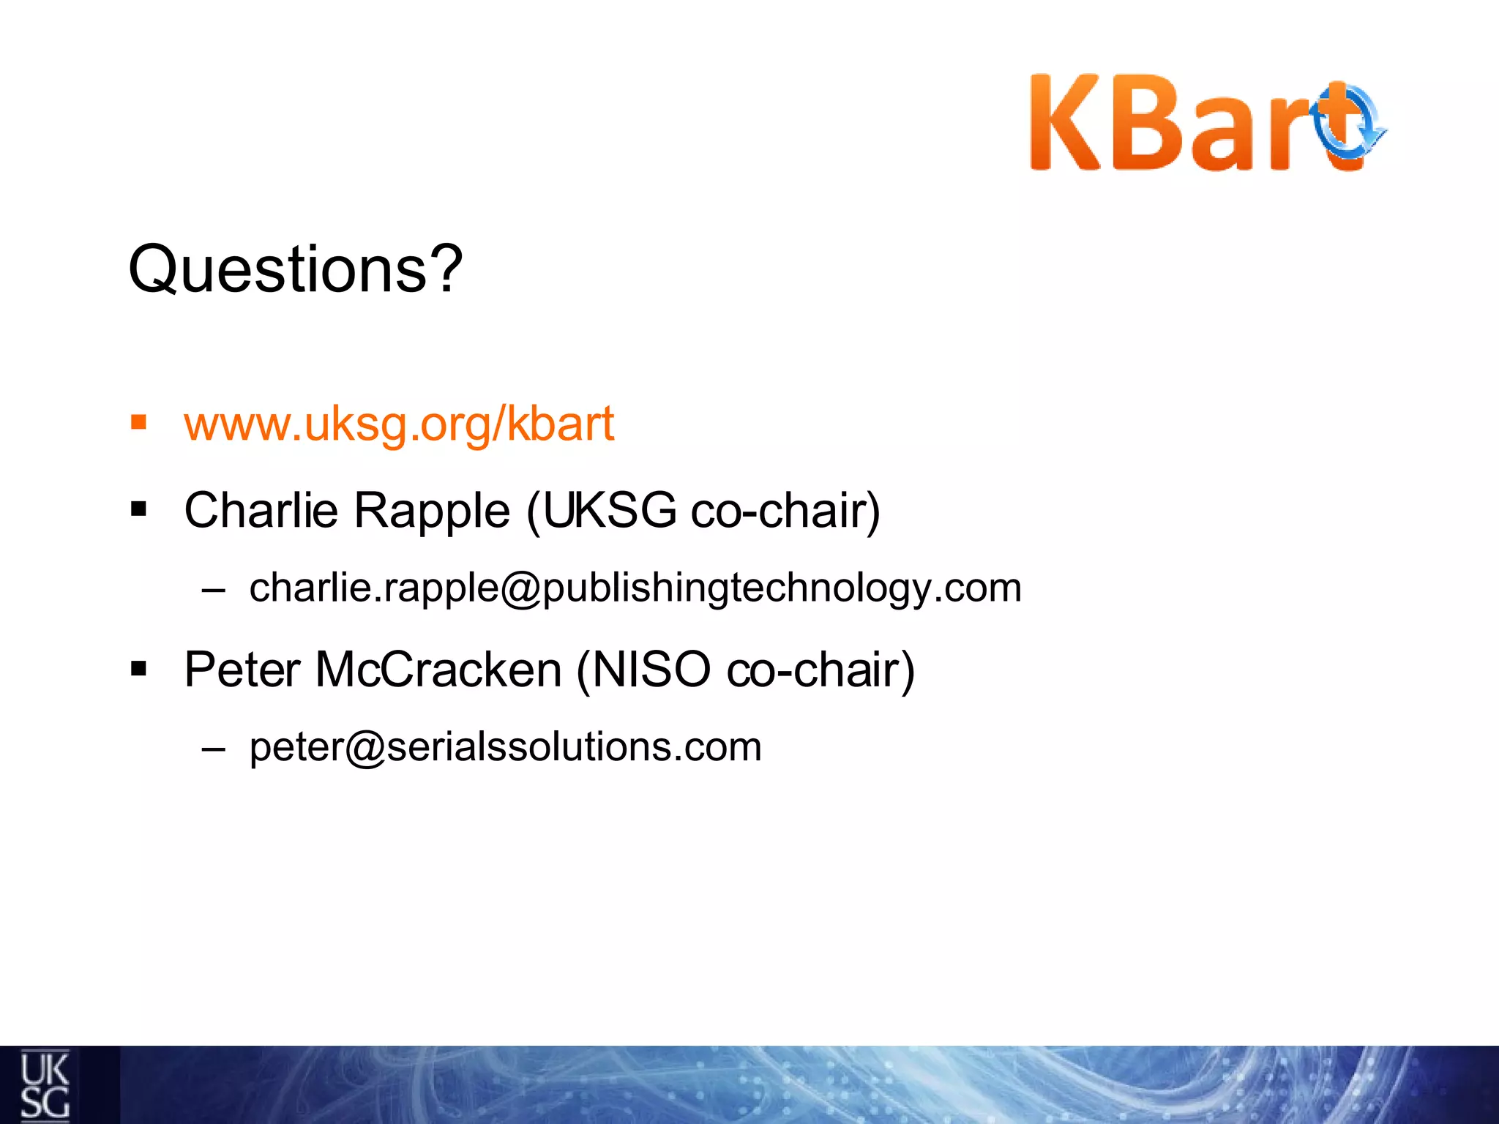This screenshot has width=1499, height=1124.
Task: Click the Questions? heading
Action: pyautogui.click(x=295, y=269)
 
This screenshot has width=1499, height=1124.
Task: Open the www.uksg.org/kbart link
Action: pyautogui.click(x=399, y=424)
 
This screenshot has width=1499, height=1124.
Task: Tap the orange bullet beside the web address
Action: pyautogui.click(x=138, y=422)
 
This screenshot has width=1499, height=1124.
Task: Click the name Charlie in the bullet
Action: pyautogui.click(x=261, y=510)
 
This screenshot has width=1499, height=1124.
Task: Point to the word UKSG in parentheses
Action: pyautogui.click(x=609, y=510)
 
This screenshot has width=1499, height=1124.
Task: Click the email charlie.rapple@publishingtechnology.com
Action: pyautogui.click(x=635, y=588)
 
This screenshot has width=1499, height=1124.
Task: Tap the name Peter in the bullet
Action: pyautogui.click(x=242, y=669)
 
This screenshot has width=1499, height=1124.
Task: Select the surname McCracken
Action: pyautogui.click(x=438, y=669)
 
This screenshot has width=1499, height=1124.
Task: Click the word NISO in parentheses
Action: pyautogui.click(x=650, y=669)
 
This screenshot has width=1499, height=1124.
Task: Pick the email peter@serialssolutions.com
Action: pyautogui.click(x=505, y=747)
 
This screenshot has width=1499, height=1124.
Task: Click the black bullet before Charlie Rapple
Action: pyautogui.click(x=138, y=509)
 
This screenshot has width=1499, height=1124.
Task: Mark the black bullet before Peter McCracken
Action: pyautogui.click(x=138, y=667)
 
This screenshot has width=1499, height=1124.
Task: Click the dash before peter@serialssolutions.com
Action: pyautogui.click(x=213, y=749)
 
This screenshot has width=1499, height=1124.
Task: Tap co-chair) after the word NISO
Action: pyautogui.click(x=820, y=669)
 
